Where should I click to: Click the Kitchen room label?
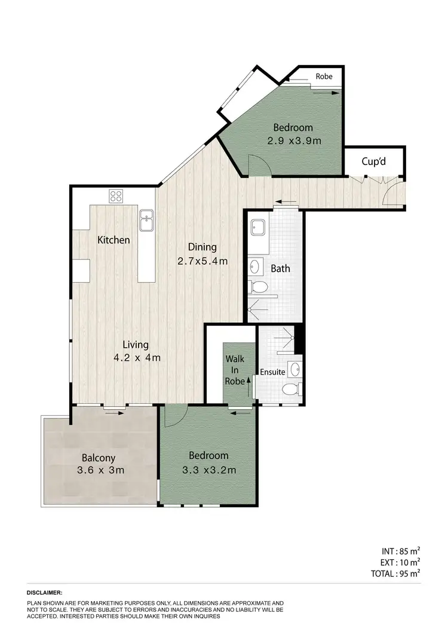coord(113,240)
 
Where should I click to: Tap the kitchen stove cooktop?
coord(116,195)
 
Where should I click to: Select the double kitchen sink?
coord(146,220)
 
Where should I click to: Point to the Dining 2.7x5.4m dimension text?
coord(202,261)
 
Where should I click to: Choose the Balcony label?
coord(99,458)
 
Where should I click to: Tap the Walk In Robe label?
coord(235,370)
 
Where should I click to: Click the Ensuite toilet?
coord(290,390)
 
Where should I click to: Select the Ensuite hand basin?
coord(294,370)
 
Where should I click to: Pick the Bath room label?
coord(280,268)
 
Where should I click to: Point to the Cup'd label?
coord(375,161)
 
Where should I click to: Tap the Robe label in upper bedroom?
coord(324,76)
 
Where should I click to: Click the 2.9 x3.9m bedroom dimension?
coord(294,141)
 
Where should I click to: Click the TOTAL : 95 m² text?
coord(395,572)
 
